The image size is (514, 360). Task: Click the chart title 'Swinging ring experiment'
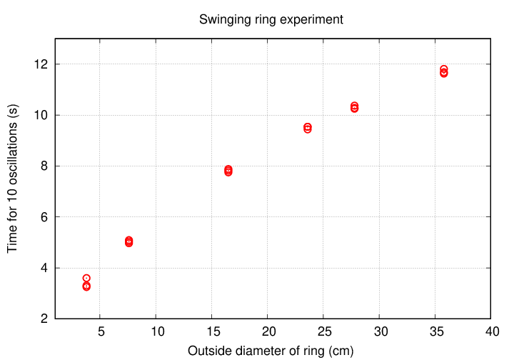271,19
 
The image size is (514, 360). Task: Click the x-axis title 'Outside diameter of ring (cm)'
271,351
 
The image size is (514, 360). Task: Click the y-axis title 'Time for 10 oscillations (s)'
12,179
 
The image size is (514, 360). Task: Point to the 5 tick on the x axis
101,331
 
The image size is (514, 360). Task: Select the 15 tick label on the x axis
212,331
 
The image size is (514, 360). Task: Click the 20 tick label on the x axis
268,331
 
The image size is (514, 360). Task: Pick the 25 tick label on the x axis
323,331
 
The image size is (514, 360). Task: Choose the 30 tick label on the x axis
379,331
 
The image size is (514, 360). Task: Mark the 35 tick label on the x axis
435,331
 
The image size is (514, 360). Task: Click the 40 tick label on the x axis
490,331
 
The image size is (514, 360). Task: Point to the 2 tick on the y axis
44,319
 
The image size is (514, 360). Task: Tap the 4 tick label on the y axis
44,268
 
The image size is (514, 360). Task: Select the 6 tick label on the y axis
44,217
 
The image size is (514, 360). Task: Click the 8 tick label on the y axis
44,166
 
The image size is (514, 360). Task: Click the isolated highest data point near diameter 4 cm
86,278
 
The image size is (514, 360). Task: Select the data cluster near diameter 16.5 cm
228,171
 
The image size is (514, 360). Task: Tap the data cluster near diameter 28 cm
354,107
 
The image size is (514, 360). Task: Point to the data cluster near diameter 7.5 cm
128,241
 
